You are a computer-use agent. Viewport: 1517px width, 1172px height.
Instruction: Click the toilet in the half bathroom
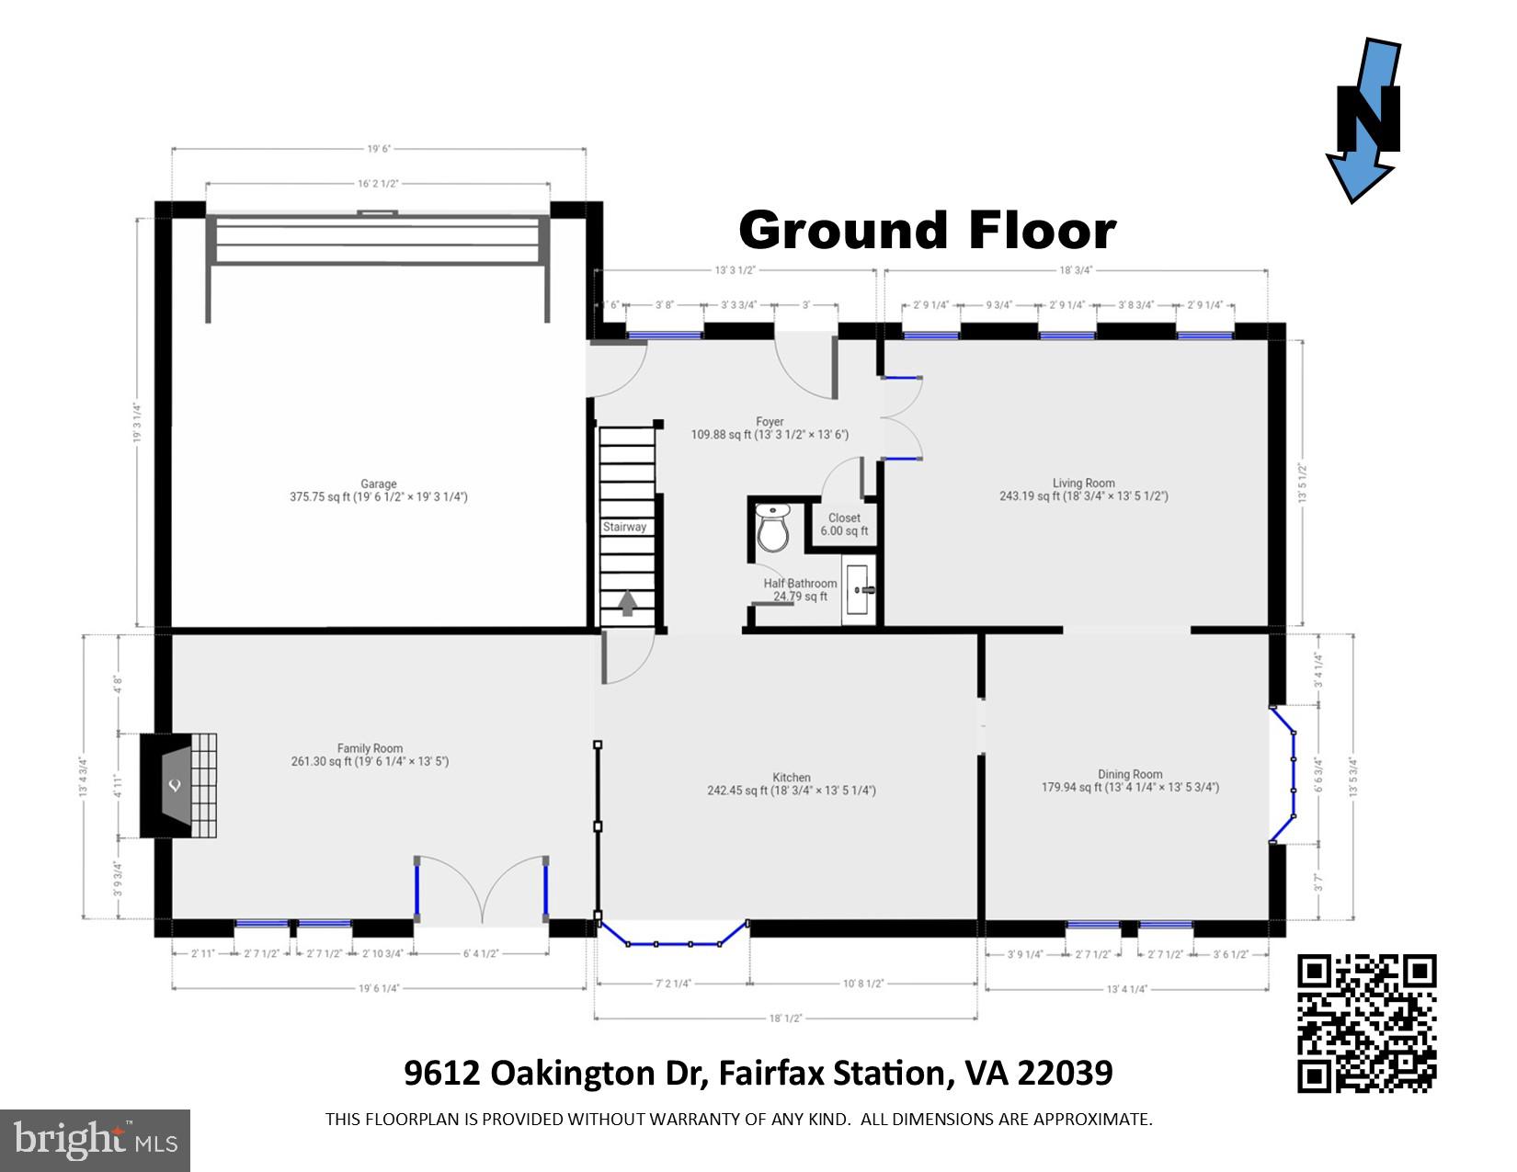click(x=773, y=529)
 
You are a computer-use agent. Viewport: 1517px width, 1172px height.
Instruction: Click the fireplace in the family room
click(x=177, y=785)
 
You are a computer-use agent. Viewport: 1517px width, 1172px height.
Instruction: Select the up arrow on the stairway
click(x=627, y=603)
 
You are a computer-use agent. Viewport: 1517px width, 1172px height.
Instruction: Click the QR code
click(x=1366, y=1022)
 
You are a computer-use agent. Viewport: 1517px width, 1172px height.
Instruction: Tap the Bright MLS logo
click(x=96, y=1140)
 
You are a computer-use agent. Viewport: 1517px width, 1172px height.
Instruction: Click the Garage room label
click(x=379, y=484)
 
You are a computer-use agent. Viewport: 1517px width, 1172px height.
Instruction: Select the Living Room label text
click(x=1084, y=483)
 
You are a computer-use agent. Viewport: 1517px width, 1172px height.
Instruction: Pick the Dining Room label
click(x=1130, y=774)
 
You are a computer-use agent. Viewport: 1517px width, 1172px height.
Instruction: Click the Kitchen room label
click(x=791, y=777)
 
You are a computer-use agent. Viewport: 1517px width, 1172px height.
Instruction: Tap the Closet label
click(x=844, y=518)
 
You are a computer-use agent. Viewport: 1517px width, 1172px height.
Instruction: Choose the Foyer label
click(x=770, y=422)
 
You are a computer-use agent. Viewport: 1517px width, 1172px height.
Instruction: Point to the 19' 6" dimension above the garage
click(x=380, y=148)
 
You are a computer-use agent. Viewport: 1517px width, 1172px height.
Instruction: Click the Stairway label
click(x=624, y=527)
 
